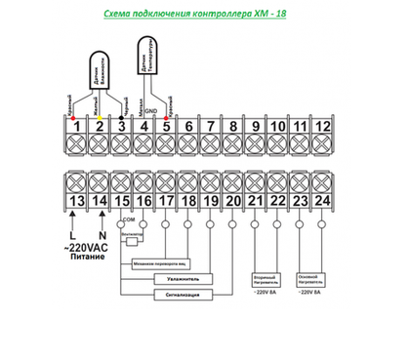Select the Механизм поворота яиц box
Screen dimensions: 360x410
coord(156,262)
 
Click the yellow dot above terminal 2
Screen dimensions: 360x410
coord(98,117)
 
